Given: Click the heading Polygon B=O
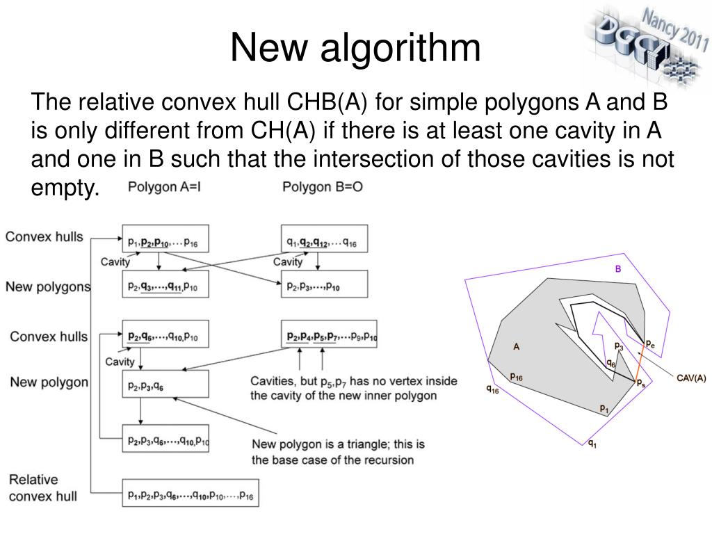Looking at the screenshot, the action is (x=323, y=188).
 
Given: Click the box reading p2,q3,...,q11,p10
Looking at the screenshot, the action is (x=165, y=285).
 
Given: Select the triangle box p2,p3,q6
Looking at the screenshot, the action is (x=165, y=384).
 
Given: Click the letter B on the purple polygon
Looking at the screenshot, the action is (x=618, y=269).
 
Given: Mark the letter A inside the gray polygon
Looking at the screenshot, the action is (x=517, y=346).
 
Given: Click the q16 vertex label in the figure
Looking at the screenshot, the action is (x=492, y=390).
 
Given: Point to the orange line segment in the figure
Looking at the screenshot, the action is (x=641, y=363).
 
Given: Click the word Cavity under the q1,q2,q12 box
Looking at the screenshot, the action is (x=288, y=262).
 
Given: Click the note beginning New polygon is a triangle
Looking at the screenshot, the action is (x=338, y=452).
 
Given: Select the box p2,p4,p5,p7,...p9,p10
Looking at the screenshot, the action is (x=330, y=337).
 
